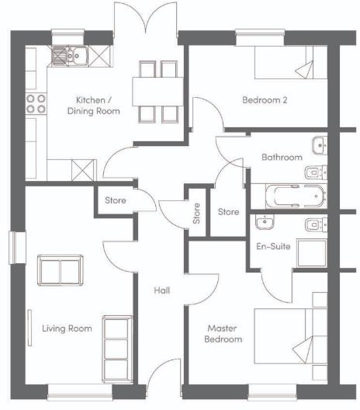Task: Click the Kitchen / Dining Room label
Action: (98, 106)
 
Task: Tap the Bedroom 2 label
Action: (265, 100)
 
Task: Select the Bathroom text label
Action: (282, 158)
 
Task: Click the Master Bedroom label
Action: (223, 334)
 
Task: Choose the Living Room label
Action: (67, 328)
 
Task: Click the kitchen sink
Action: (71, 54)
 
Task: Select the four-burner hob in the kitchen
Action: (36, 104)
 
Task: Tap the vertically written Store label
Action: (196, 213)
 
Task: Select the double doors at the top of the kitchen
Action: (147, 19)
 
